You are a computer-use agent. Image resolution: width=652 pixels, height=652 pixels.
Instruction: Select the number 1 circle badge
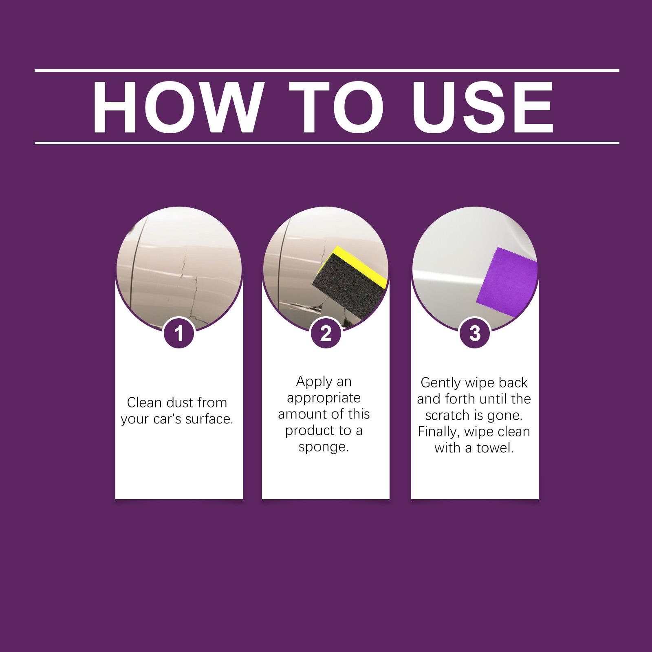pyautogui.click(x=179, y=333)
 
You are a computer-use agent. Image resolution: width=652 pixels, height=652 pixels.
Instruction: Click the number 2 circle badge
pyautogui.click(x=326, y=333)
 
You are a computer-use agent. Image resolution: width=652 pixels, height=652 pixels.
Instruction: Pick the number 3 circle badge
pyautogui.click(x=475, y=333)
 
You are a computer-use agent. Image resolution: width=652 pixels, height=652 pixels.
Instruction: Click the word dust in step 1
pyautogui.click(x=179, y=403)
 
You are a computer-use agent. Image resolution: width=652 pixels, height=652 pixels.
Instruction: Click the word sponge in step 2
pyautogui.click(x=324, y=447)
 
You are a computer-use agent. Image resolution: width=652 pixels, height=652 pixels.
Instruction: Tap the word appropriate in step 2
pyautogui.click(x=324, y=398)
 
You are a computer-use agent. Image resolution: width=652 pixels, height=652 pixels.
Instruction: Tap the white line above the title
pyautogui.click(x=326, y=70)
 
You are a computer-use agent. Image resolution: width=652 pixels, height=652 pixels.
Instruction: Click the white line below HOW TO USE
pyautogui.click(x=326, y=143)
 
